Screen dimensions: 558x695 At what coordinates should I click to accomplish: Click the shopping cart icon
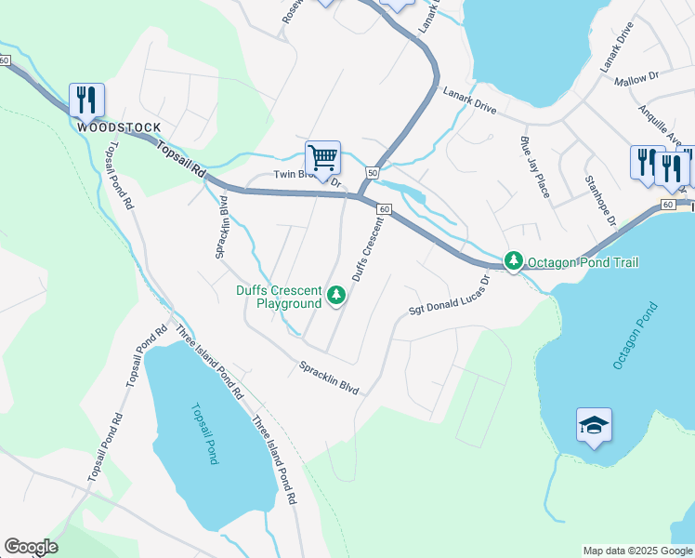point(322,157)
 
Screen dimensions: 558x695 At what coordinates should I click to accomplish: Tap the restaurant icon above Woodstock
point(86,99)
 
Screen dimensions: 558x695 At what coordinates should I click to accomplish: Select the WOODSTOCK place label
point(119,127)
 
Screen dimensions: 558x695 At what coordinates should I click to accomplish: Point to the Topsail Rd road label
point(180,160)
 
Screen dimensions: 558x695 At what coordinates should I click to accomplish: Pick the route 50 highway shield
point(372,172)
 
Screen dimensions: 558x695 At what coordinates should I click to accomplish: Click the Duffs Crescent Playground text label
point(278,297)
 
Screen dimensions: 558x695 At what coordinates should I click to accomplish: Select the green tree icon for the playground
point(335,296)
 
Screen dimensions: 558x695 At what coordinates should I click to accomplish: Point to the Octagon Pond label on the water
point(635,335)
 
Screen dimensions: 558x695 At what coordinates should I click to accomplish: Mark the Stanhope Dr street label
point(599,201)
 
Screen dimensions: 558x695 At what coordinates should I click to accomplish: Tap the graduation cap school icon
point(594,425)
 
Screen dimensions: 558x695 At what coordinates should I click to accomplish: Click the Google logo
point(31,547)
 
